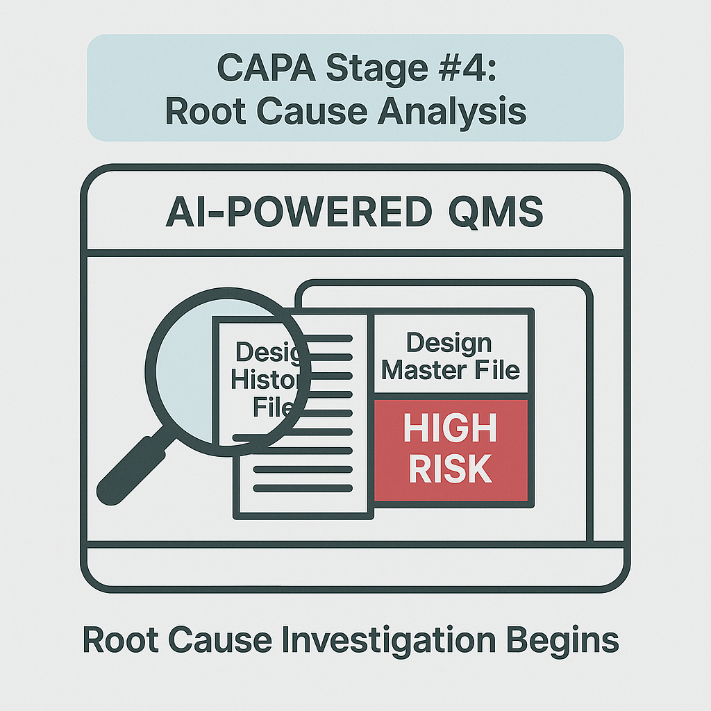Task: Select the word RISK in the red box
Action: (x=451, y=469)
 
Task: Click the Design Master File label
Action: (x=451, y=355)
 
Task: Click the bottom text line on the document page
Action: (x=302, y=488)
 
